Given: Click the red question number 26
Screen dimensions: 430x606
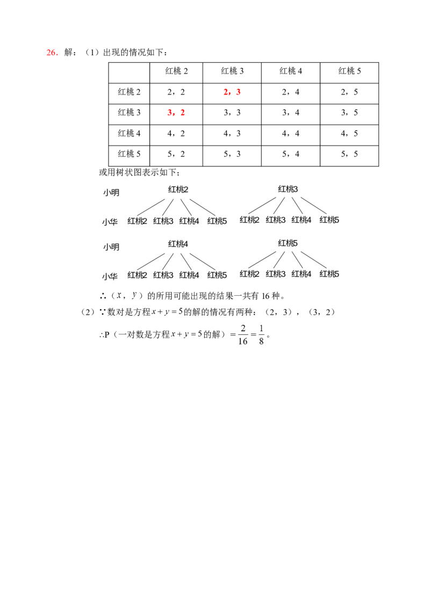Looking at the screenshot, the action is pyautogui.click(x=52, y=53).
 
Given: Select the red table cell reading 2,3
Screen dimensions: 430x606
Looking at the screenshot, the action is pyautogui.click(x=232, y=92).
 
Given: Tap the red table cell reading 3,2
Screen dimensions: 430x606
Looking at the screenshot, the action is pyautogui.click(x=176, y=113).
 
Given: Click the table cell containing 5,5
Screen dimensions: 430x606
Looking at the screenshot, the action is pyautogui.click(x=349, y=154).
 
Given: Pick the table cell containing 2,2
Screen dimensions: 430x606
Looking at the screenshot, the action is pyautogui.click(x=176, y=92).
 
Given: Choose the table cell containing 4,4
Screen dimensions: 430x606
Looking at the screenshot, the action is pyautogui.click(x=291, y=134).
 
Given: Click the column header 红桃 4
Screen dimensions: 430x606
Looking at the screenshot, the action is pyautogui.click(x=291, y=71).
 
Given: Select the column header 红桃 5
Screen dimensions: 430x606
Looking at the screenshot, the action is pyautogui.click(x=349, y=71).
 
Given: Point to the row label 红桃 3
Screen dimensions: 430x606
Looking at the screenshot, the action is pyautogui.click(x=129, y=113).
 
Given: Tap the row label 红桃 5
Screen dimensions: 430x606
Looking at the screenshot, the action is pyautogui.click(x=129, y=154).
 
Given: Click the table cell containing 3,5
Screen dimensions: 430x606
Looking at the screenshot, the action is pyautogui.click(x=349, y=113).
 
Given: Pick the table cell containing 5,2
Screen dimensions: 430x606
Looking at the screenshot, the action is pyautogui.click(x=176, y=154).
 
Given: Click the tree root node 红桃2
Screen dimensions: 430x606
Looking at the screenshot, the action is pyautogui.click(x=178, y=189).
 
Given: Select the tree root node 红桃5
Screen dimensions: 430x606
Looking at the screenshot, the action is pyautogui.click(x=288, y=243).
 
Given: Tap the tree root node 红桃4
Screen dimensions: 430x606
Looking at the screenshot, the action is pyautogui.click(x=178, y=244).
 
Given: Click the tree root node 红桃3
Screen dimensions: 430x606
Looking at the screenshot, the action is pyautogui.click(x=288, y=189).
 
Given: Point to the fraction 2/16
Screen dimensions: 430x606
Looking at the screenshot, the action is pyautogui.click(x=243, y=335).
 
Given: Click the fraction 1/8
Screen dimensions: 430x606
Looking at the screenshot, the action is pyautogui.click(x=261, y=335).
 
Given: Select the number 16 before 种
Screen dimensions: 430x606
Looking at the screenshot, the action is pyautogui.click(x=266, y=296).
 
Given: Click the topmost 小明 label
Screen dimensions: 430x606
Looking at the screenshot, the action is pyautogui.click(x=111, y=193).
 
